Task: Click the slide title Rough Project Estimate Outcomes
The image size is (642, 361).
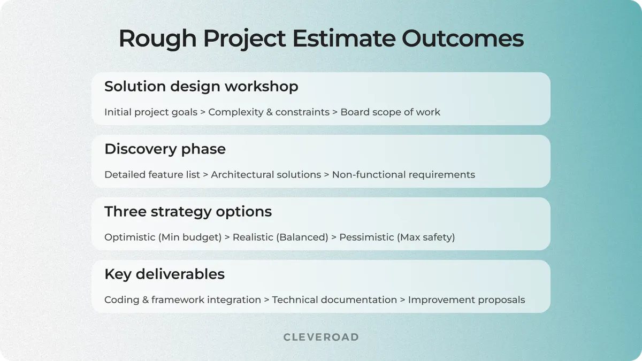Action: pos(321,39)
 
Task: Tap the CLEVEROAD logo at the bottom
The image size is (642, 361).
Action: pos(321,337)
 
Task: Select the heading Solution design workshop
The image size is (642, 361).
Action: pos(201,87)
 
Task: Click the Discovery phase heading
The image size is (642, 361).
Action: pos(165,149)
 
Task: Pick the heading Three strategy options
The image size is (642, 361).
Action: pos(188,212)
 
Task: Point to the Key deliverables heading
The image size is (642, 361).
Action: pos(164,274)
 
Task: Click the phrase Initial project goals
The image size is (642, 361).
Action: pos(151,112)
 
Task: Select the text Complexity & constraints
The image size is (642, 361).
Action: pos(269,112)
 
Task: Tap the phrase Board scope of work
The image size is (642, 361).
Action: pos(390,112)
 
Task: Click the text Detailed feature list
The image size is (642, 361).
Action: pos(152,175)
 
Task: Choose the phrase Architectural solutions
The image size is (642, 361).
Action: pos(266,175)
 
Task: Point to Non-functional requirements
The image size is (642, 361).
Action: pos(403,175)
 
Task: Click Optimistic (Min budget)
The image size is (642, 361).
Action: pos(163,237)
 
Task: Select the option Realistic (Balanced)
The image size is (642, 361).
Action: pos(280,237)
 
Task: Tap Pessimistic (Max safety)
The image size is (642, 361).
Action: pos(397,237)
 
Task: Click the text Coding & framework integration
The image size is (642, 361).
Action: pos(182,300)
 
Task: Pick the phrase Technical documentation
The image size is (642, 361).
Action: pos(334,300)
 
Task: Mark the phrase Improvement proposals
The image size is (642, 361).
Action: pos(467,300)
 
